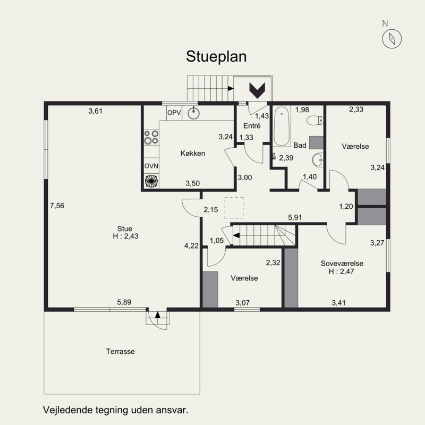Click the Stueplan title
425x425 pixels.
(x=216, y=57)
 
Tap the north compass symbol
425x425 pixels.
(x=392, y=39)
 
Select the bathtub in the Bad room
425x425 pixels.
(x=282, y=126)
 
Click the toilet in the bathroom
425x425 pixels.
(x=315, y=120)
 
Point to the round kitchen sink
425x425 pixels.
(x=193, y=113)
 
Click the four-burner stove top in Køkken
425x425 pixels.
(x=151, y=137)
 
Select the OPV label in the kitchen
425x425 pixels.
(x=174, y=113)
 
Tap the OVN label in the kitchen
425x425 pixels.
(x=151, y=166)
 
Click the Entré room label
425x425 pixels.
(x=252, y=126)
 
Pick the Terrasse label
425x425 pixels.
(x=121, y=352)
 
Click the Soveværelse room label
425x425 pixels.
(x=342, y=263)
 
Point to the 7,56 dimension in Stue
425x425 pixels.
(x=57, y=206)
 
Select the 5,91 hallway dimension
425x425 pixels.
(x=295, y=217)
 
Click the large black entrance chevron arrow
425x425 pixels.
(x=257, y=90)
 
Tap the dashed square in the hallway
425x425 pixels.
(x=234, y=208)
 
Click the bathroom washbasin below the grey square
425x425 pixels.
(x=317, y=160)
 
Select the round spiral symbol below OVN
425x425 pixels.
(x=151, y=181)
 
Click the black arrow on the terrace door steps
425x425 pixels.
(x=157, y=314)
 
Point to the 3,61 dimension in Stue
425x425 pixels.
(x=96, y=111)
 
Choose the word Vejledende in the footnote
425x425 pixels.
(x=68, y=410)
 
